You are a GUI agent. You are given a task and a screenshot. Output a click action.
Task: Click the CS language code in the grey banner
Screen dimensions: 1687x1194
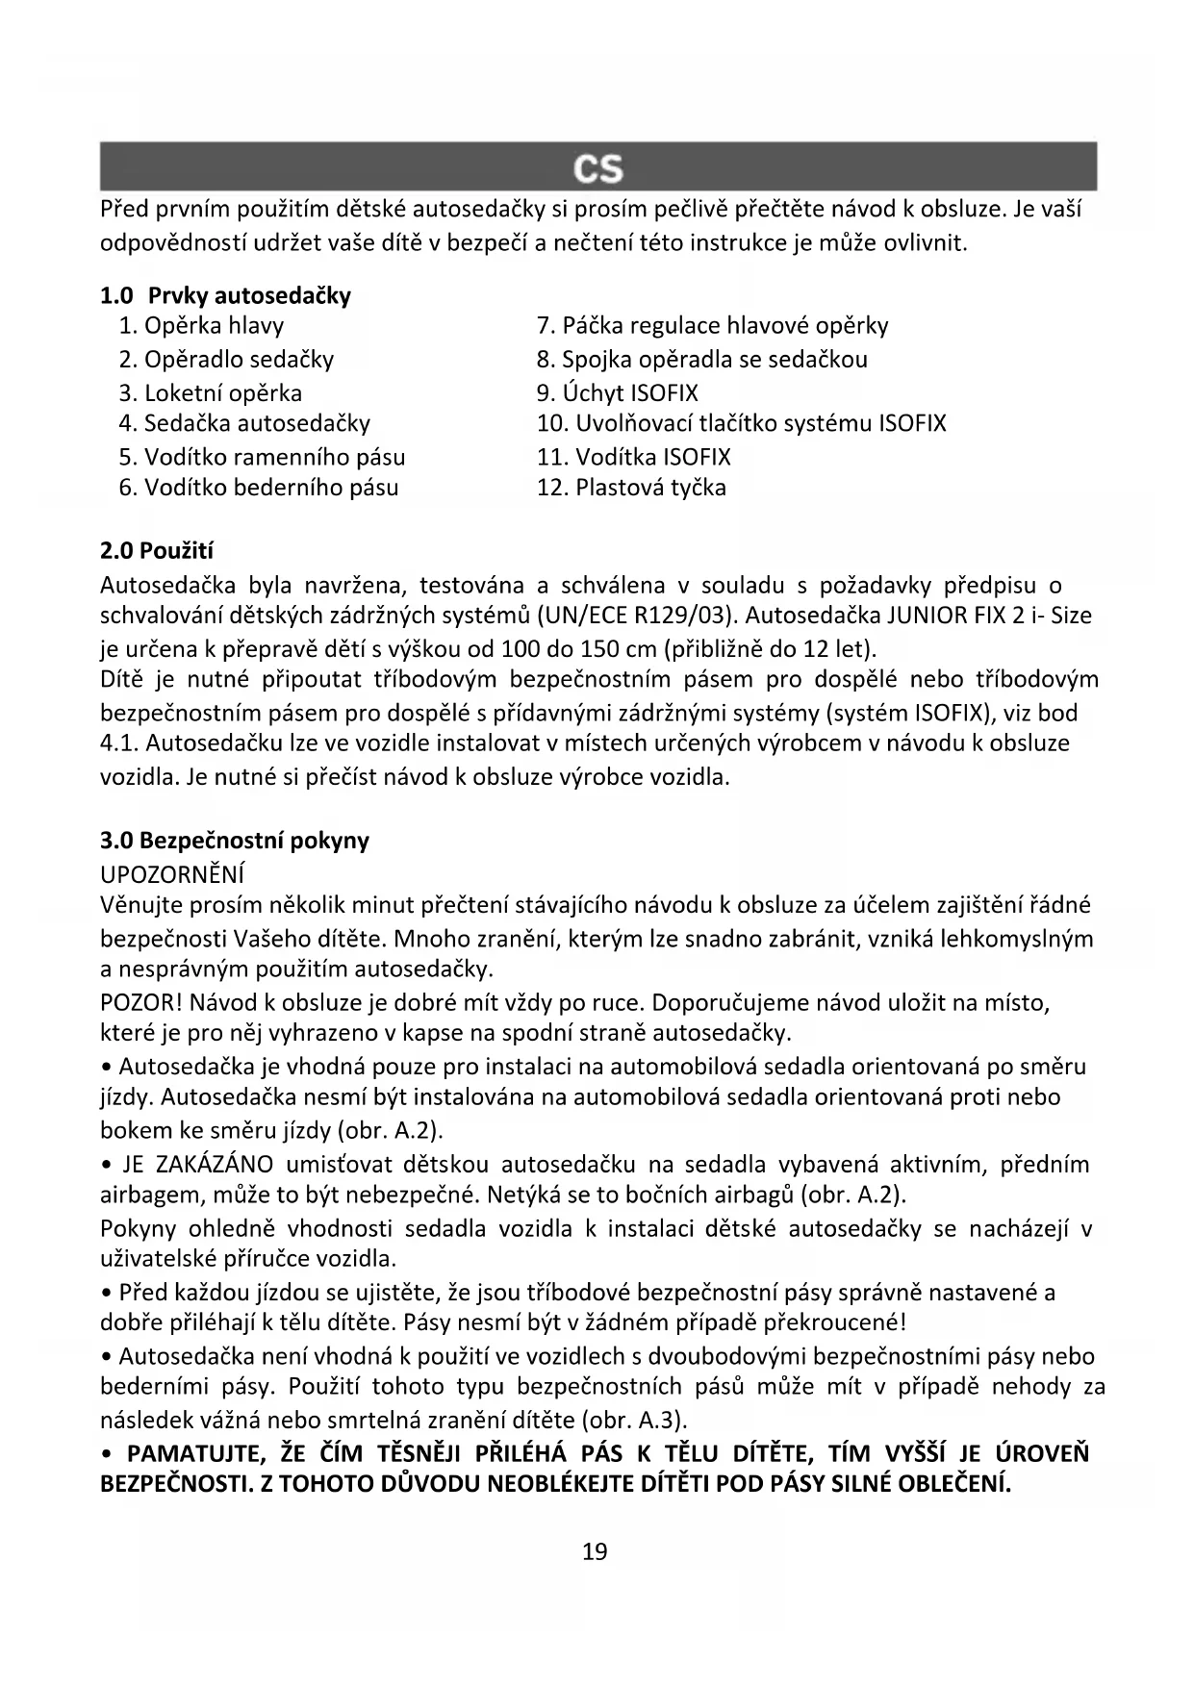pyautogui.click(x=597, y=169)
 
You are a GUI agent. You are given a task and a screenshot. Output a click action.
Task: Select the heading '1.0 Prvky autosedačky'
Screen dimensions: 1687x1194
pyautogui.click(x=225, y=295)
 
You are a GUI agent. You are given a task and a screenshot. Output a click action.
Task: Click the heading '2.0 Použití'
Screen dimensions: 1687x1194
pyautogui.click(x=157, y=551)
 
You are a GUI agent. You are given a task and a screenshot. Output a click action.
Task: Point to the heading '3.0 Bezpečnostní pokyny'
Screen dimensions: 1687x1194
pyautogui.click(x=235, y=840)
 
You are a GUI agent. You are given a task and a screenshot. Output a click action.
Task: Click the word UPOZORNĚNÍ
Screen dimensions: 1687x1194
pyautogui.click(x=172, y=873)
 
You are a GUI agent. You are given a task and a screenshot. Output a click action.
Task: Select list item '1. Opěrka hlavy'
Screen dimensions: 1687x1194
pyautogui.click(x=201, y=326)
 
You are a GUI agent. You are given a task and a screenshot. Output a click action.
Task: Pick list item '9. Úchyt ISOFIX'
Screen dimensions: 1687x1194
pyautogui.click(x=618, y=392)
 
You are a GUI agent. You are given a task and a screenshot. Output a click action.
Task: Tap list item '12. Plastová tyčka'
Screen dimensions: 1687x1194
pyautogui.click(x=631, y=488)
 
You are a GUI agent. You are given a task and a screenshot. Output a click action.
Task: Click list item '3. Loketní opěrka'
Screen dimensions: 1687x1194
pyautogui.click(x=210, y=392)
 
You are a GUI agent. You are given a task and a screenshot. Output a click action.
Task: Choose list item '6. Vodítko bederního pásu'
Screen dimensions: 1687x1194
pyautogui.click(x=258, y=488)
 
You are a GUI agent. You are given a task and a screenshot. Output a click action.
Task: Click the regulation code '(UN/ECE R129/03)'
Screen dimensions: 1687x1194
pyautogui.click(x=638, y=615)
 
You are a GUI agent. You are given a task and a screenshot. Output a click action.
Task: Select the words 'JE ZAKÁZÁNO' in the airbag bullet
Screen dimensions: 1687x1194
pyautogui.click(x=198, y=1165)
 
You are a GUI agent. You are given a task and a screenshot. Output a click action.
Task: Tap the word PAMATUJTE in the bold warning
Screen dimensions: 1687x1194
pyautogui.click(x=193, y=1451)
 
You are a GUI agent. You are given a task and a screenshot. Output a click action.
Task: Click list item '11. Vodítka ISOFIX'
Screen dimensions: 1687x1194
pyautogui.click(x=633, y=457)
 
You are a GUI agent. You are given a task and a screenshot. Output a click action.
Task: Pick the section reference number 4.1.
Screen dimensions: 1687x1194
pyautogui.click(x=116, y=743)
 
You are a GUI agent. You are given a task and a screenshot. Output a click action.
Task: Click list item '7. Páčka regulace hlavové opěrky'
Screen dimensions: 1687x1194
pyautogui.click(x=712, y=326)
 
